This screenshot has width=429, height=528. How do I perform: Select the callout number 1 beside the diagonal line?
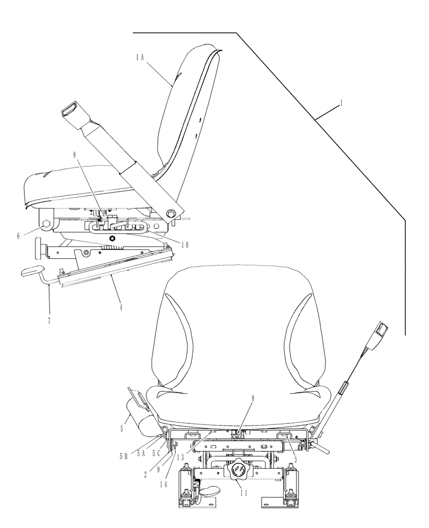(x=341, y=104)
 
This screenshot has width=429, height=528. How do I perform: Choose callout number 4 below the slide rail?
(x=121, y=306)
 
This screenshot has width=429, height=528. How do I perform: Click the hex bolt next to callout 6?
(x=46, y=226)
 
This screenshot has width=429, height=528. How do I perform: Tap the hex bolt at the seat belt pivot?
(x=171, y=214)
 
